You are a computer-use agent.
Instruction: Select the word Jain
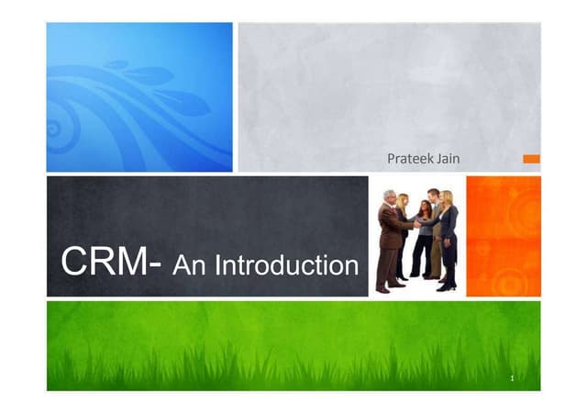pos(449,160)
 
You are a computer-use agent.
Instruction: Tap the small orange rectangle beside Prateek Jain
pos(531,159)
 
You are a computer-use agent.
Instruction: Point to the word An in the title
pos(191,265)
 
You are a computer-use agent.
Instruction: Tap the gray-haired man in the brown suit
pos(389,239)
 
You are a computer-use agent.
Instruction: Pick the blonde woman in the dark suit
pos(448,239)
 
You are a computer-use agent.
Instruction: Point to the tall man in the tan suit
pos(434,230)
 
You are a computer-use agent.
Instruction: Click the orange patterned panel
pos(504,236)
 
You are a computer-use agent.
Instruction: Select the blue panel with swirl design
pos(139,97)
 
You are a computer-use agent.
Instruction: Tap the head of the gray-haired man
pos(389,196)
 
